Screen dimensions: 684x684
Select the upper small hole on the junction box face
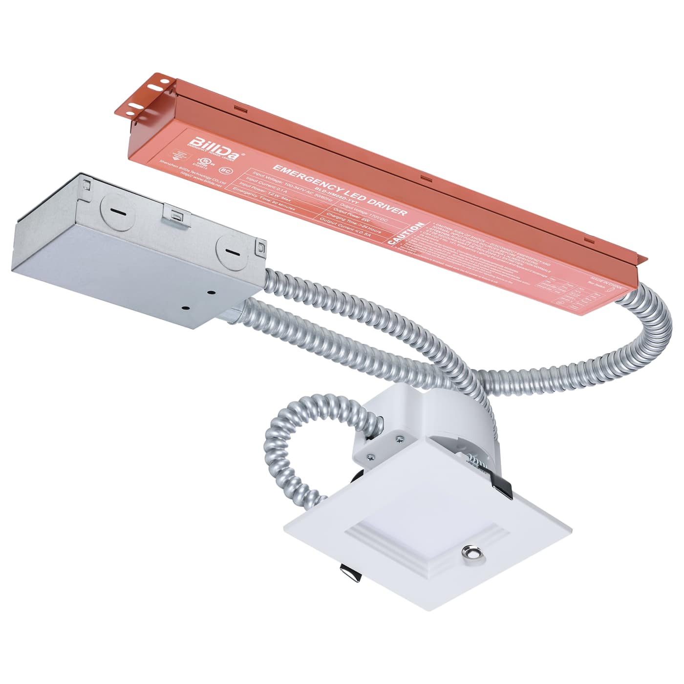212,293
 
